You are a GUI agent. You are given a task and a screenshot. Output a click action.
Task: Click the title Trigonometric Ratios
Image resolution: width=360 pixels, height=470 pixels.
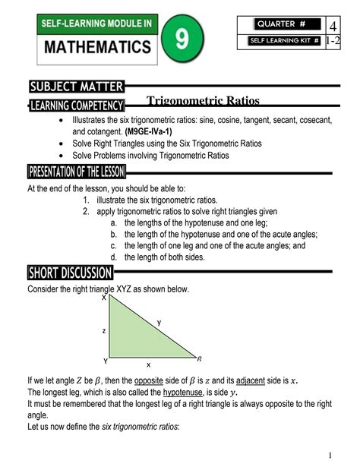tap(203, 101)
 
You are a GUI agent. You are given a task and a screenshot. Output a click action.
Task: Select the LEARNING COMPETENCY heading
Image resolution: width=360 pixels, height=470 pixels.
tap(76, 104)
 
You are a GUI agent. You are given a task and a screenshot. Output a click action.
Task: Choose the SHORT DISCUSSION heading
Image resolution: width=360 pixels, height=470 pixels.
tap(70, 273)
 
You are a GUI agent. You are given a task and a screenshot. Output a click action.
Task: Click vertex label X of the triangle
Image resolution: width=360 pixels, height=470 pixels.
tap(104, 298)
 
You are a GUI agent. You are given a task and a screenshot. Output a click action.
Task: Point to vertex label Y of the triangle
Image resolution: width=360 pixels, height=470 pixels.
tap(104, 360)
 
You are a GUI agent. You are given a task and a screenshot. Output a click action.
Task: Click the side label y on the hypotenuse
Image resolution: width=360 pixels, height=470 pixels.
tap(159, 323)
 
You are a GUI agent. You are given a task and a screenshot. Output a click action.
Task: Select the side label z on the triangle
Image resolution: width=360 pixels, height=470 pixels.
tap(103, 331)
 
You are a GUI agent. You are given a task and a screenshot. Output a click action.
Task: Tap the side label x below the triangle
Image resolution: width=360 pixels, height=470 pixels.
tap(148, 365)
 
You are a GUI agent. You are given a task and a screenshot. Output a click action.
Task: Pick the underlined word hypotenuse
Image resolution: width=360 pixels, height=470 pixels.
tap(182, 392)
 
